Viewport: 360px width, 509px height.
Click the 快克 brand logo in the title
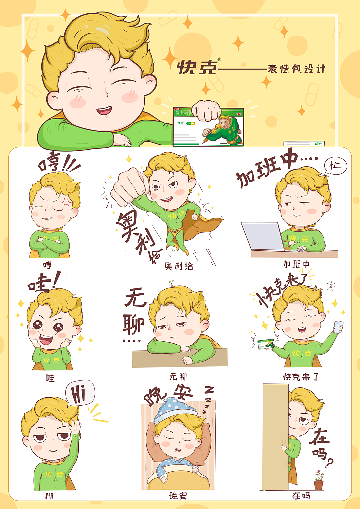[196, 67]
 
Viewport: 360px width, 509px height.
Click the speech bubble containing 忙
[335, 166]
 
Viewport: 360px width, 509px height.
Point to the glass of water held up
[338, 327]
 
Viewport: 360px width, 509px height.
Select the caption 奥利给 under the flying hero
[179, 266]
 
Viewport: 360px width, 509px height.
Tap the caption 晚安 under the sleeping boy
[178, 495]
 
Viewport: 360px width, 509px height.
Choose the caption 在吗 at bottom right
[301, 495]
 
